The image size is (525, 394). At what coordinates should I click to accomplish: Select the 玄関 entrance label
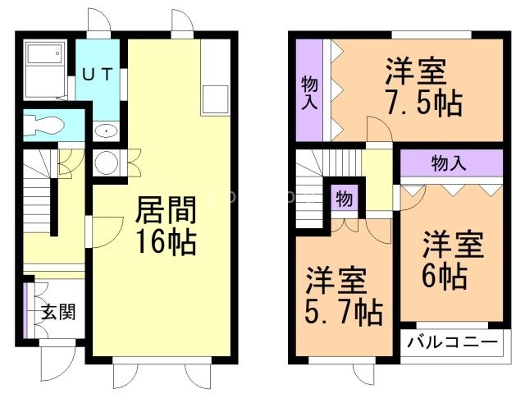[x=58, y=312]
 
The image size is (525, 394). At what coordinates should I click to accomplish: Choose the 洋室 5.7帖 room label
[x=344, y=295]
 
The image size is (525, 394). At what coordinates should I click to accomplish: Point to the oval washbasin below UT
[x=105, y=131]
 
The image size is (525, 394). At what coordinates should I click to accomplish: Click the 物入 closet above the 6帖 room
[x=450, y=163]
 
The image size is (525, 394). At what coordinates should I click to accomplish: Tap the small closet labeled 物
[x=344, y=199]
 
